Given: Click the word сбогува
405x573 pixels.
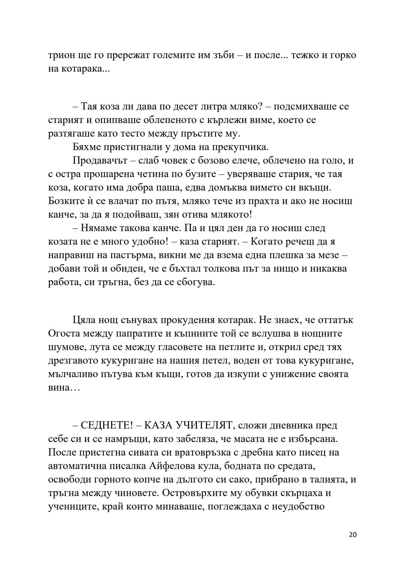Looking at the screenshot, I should pos(195,282).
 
